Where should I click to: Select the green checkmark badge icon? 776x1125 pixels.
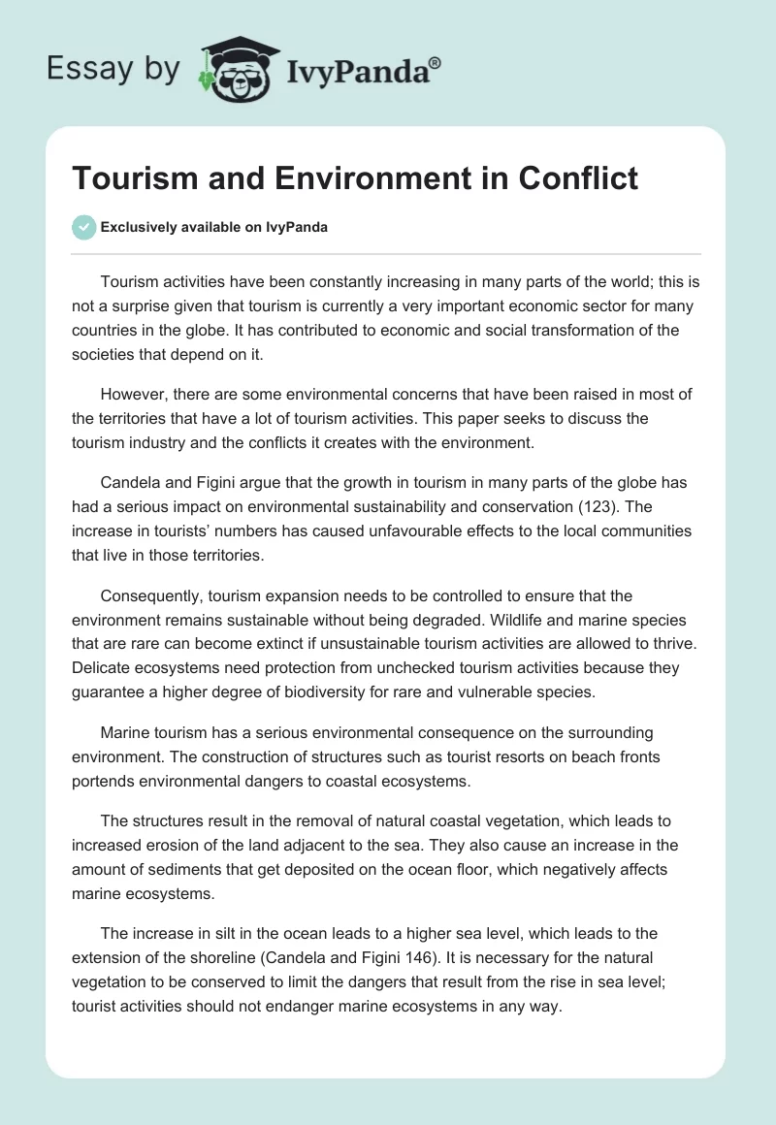click(83, 227)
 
